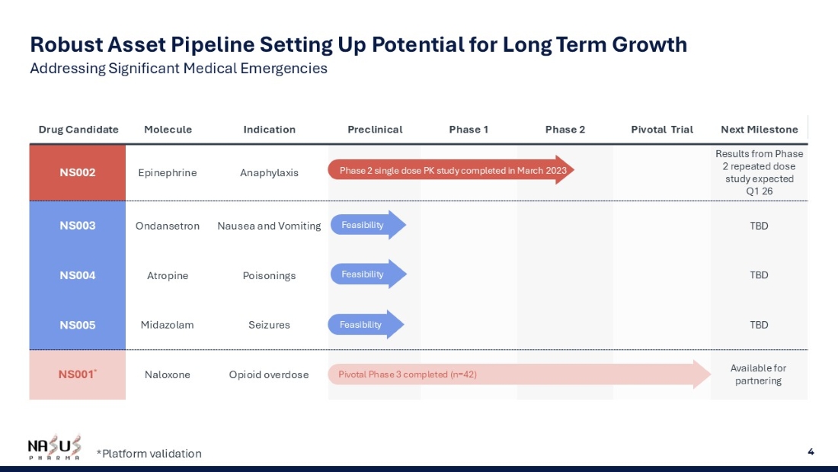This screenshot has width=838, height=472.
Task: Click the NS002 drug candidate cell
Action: point(78,172)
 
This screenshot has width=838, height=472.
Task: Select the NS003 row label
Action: point(78,225)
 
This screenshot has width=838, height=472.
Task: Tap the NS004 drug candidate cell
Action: point(78,275)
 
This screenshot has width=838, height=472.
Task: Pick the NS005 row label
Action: point(78,325)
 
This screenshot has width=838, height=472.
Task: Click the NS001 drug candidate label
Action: point(78,374)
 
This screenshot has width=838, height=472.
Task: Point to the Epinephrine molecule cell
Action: point(168,173)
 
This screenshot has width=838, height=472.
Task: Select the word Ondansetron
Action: point(168,226)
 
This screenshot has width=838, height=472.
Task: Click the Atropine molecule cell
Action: point(168,275)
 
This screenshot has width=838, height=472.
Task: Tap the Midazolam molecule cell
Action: point(168,325)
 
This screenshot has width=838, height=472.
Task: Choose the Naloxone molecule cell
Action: point(168,374)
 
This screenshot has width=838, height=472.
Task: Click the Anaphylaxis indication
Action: point(269,173)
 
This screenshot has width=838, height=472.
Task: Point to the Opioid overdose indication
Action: point(269,374)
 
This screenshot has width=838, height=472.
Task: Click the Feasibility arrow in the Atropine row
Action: point(368,274)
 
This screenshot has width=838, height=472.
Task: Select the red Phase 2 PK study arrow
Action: point(451,170)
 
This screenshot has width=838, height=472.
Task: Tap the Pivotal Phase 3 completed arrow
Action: point(519,374)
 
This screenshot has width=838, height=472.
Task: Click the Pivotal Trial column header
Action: point(661,130)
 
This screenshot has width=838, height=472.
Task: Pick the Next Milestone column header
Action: point(759,130)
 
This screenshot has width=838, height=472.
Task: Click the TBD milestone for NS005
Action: point(759,325)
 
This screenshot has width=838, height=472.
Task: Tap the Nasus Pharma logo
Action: point(55,448)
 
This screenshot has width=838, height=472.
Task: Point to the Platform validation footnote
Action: point(149,453)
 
